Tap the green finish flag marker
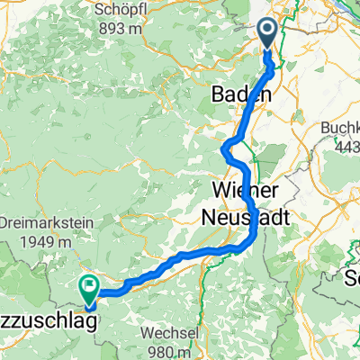pyautogui.click(x=89, y=289)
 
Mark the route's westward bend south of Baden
pyautogui.click(x=224, y=148)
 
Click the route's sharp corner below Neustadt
pyautogui.click(x=253, y=236)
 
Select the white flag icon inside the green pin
pyautogui.click(x=89, y=287)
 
